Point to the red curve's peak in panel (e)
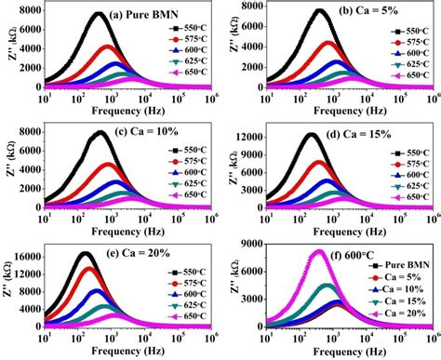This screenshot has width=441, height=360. tap(90, 269)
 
